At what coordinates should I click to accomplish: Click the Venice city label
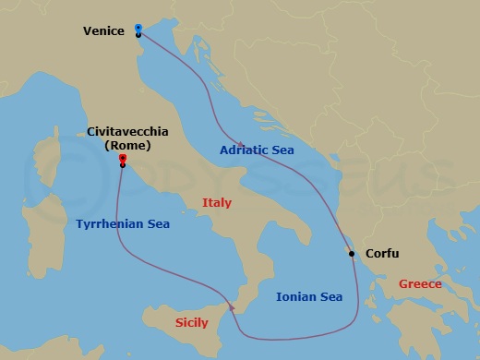pos(103,30)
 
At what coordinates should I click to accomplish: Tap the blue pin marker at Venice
pos(138,29)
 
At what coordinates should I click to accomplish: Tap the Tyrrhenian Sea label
pos(123,223)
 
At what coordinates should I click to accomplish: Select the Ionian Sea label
pos(310,296)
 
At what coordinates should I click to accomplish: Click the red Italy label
pos(217,202)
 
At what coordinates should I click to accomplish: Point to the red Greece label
pos(420,284)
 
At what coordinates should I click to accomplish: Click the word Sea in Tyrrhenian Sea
pos(156,223)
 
